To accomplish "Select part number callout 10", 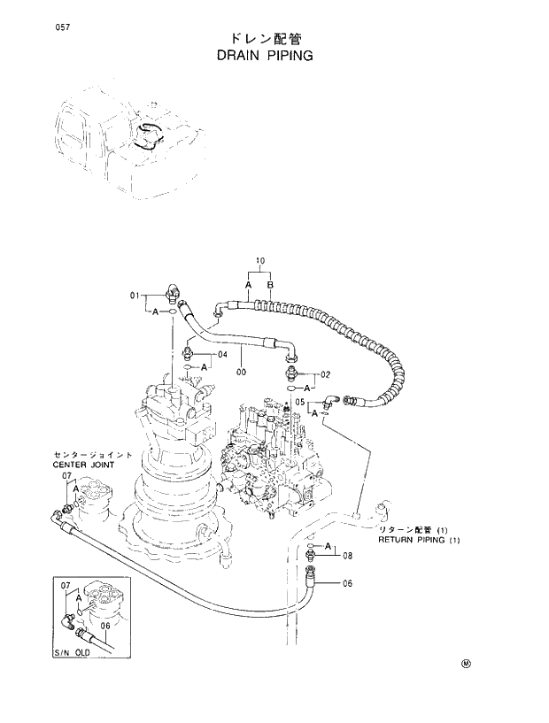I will tap(260, 260).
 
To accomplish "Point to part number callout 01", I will tap(136, 296).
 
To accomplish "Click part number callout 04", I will tap(222, 354).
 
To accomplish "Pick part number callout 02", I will tap(325, 374).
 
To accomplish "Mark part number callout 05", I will tap(300, 401).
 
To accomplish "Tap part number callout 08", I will tap(347, 556).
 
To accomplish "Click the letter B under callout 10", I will tap(271, 285).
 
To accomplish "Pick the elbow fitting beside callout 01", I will tap(173, 289).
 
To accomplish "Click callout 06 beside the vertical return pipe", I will tap(347, 583).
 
